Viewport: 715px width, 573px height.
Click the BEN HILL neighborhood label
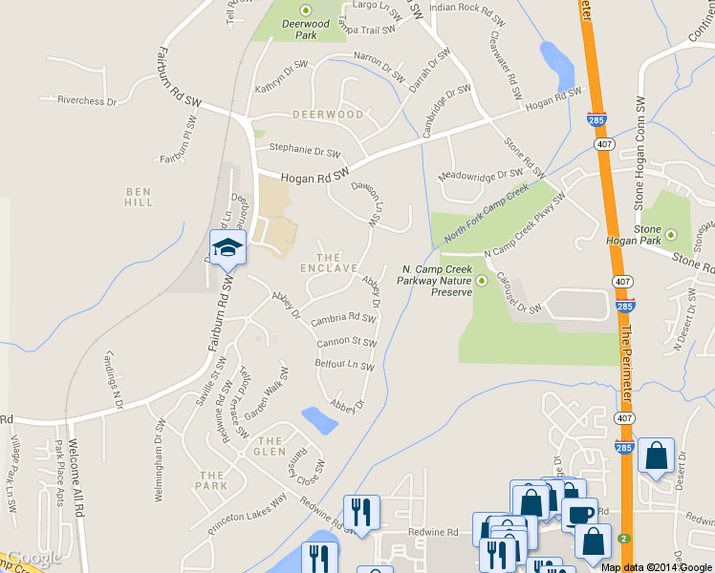tap(139, 196)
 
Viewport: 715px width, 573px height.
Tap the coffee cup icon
tap(578, 515)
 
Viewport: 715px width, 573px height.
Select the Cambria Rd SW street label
tap(342, 318)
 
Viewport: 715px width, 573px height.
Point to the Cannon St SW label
tap(346, 342)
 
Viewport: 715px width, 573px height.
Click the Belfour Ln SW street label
tap(344, 365)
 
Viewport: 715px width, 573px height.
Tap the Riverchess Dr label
tap(86, 100)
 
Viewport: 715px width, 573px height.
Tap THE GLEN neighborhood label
tap(271, 440)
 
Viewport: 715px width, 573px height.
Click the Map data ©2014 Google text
tap(657, 566)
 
